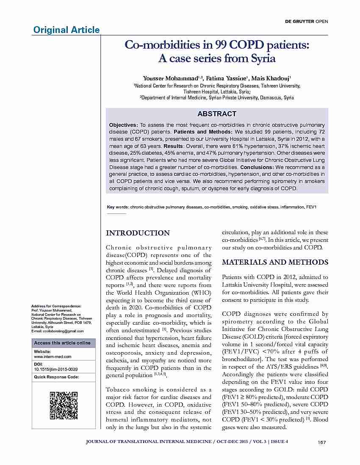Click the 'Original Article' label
pyautogui.click(x=66, y=30)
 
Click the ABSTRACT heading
pyautogui.click(x=217, y=114)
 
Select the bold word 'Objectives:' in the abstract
pyautogui.click(x=123, y=126)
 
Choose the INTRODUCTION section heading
pyautogui.click(x=138, y=233)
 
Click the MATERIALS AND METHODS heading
pyautogui.click(x=275, y=262)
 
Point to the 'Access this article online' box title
pyautogui.click(x=62, y=343)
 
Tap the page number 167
pyautogui.click(x=321, y=442)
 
